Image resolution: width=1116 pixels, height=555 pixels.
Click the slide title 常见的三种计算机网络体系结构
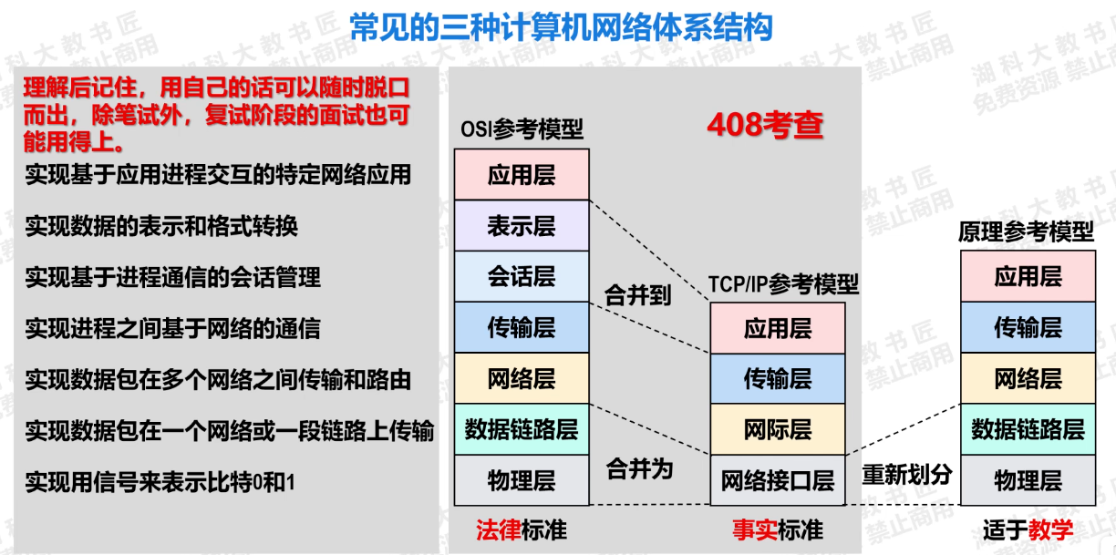[x=561, y=27]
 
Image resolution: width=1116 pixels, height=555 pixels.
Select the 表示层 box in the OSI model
[x=522, y=226]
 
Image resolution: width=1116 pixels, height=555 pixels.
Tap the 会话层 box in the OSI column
[x=522, y=277]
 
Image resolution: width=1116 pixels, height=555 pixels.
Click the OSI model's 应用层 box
[x=522, y=175]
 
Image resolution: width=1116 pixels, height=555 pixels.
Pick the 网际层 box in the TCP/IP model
[x=778, y=429]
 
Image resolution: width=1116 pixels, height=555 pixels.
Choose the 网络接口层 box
[x=778, y=480]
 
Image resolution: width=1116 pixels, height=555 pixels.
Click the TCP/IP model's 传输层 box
[x=778, y=378]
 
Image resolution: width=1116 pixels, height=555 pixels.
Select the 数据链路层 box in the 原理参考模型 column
[x=1028, y=429]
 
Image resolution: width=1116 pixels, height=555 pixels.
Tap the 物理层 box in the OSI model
[x=522, y=480]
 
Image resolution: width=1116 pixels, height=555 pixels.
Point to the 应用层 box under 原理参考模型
[x=1028, y=277]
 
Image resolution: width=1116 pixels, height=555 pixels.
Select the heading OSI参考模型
[x=521, y=130]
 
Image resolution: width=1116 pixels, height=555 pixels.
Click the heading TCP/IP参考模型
[x=783, y=284]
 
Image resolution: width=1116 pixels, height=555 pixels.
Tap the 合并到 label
[x=638, y=295]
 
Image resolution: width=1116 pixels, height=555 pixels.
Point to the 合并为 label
[x=639, y=469]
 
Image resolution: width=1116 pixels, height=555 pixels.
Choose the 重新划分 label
[x=907, y=474]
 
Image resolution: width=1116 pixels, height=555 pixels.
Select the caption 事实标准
[x=778, y=529]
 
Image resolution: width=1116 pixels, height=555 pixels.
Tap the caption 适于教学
[x=1028, y=529]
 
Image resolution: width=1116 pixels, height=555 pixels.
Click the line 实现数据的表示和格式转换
[x=161, y=225]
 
